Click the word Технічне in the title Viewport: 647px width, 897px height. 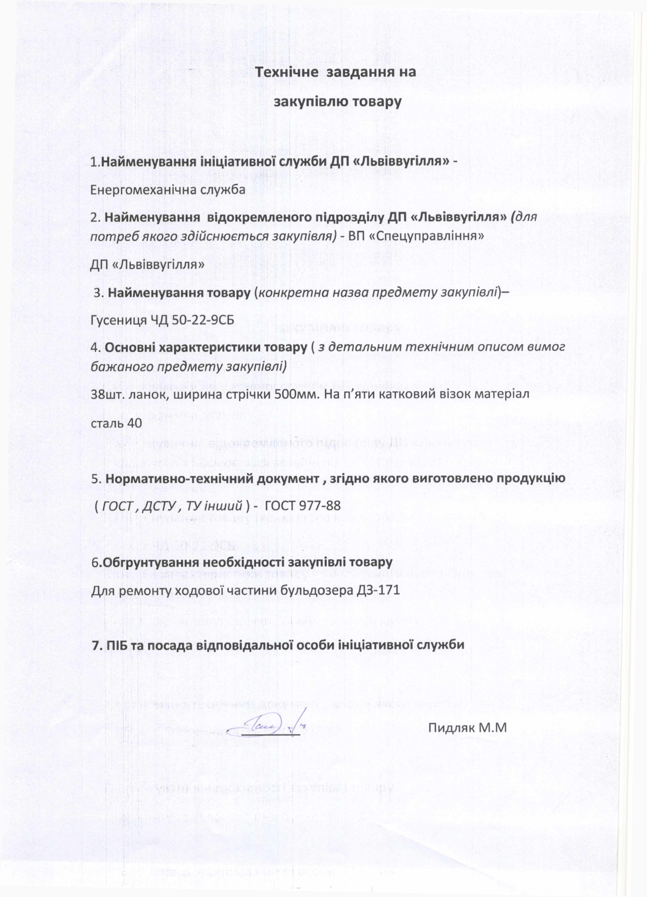(286, 72)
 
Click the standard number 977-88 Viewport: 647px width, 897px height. (320, 505)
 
